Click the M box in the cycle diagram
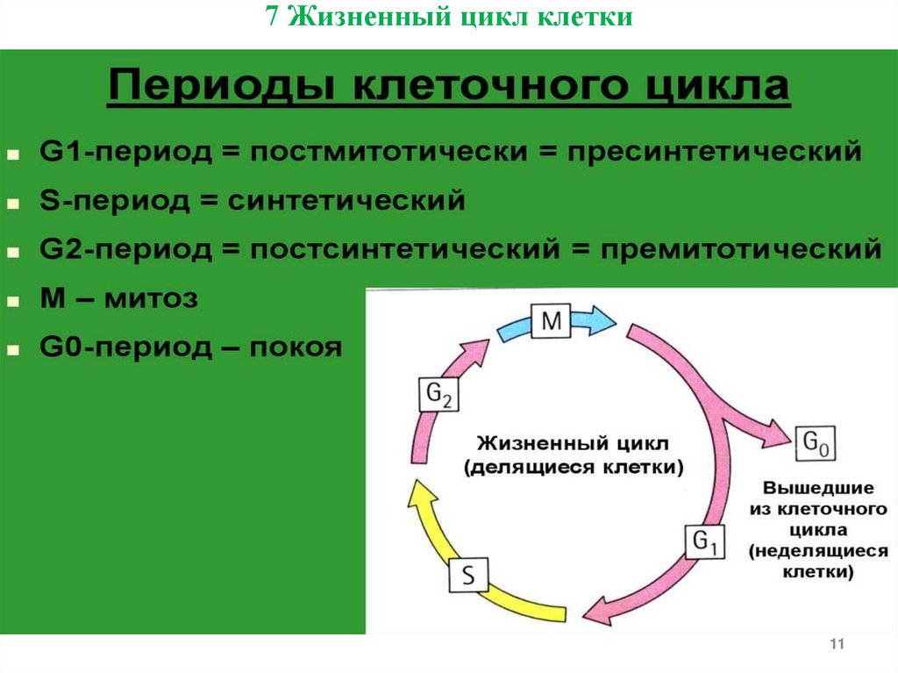pyautogui.click(x=551, y=322)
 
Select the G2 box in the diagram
pyautogui.click(x=438, y=397)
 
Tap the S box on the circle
pyautogui.click(x=469, y=576)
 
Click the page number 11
pyautogui.click(x=836, y=646)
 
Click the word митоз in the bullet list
pyautogui.click(x=152, y=298)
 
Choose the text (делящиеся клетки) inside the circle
pyautogui.click(x=574, y=467)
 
